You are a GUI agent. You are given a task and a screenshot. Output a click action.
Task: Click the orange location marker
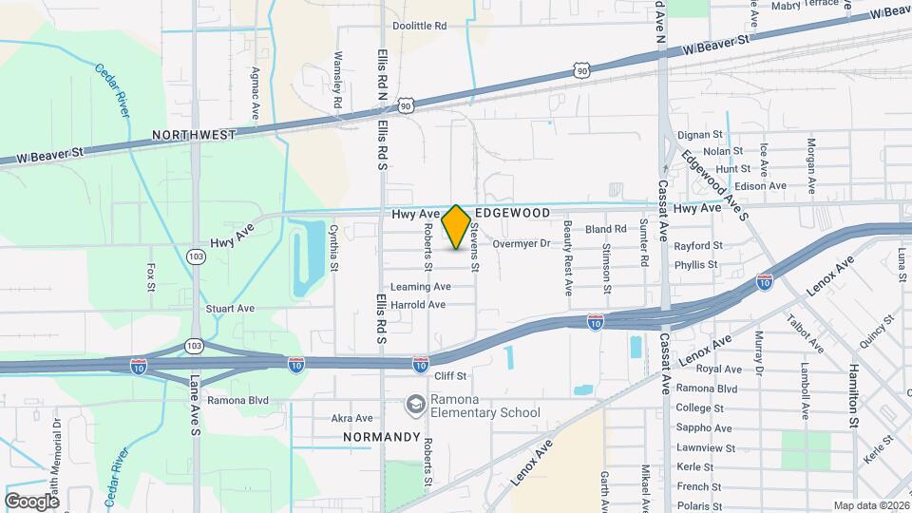pyautogui.click(x=456, y=227)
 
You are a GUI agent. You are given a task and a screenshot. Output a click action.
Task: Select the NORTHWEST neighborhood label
pyautogui.click(x=193, y=135)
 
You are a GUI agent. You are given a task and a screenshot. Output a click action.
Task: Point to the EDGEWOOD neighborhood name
pyautogui.click(x=513, y=213)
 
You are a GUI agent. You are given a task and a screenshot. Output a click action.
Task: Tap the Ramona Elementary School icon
pyautogui.click(x=415, y=405)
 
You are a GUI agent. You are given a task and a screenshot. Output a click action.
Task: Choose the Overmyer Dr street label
pyautogui.click(x=522, y=244)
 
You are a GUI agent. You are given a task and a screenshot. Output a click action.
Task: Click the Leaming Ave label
pyautogui.click(x=420, y=286)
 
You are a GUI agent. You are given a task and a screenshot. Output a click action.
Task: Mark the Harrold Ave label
pyautogui.click(x=418, y=305)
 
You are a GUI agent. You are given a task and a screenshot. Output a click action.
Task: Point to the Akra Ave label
pyautogui.click(x=351, y=418)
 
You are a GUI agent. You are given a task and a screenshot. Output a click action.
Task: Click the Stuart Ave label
pyautogui.click(x=230, y=309)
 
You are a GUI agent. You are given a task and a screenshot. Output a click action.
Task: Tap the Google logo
pyautogui.click(x=32, y=501)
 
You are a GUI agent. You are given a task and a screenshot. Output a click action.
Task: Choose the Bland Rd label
pyautogui.click(x=606, y=229)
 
